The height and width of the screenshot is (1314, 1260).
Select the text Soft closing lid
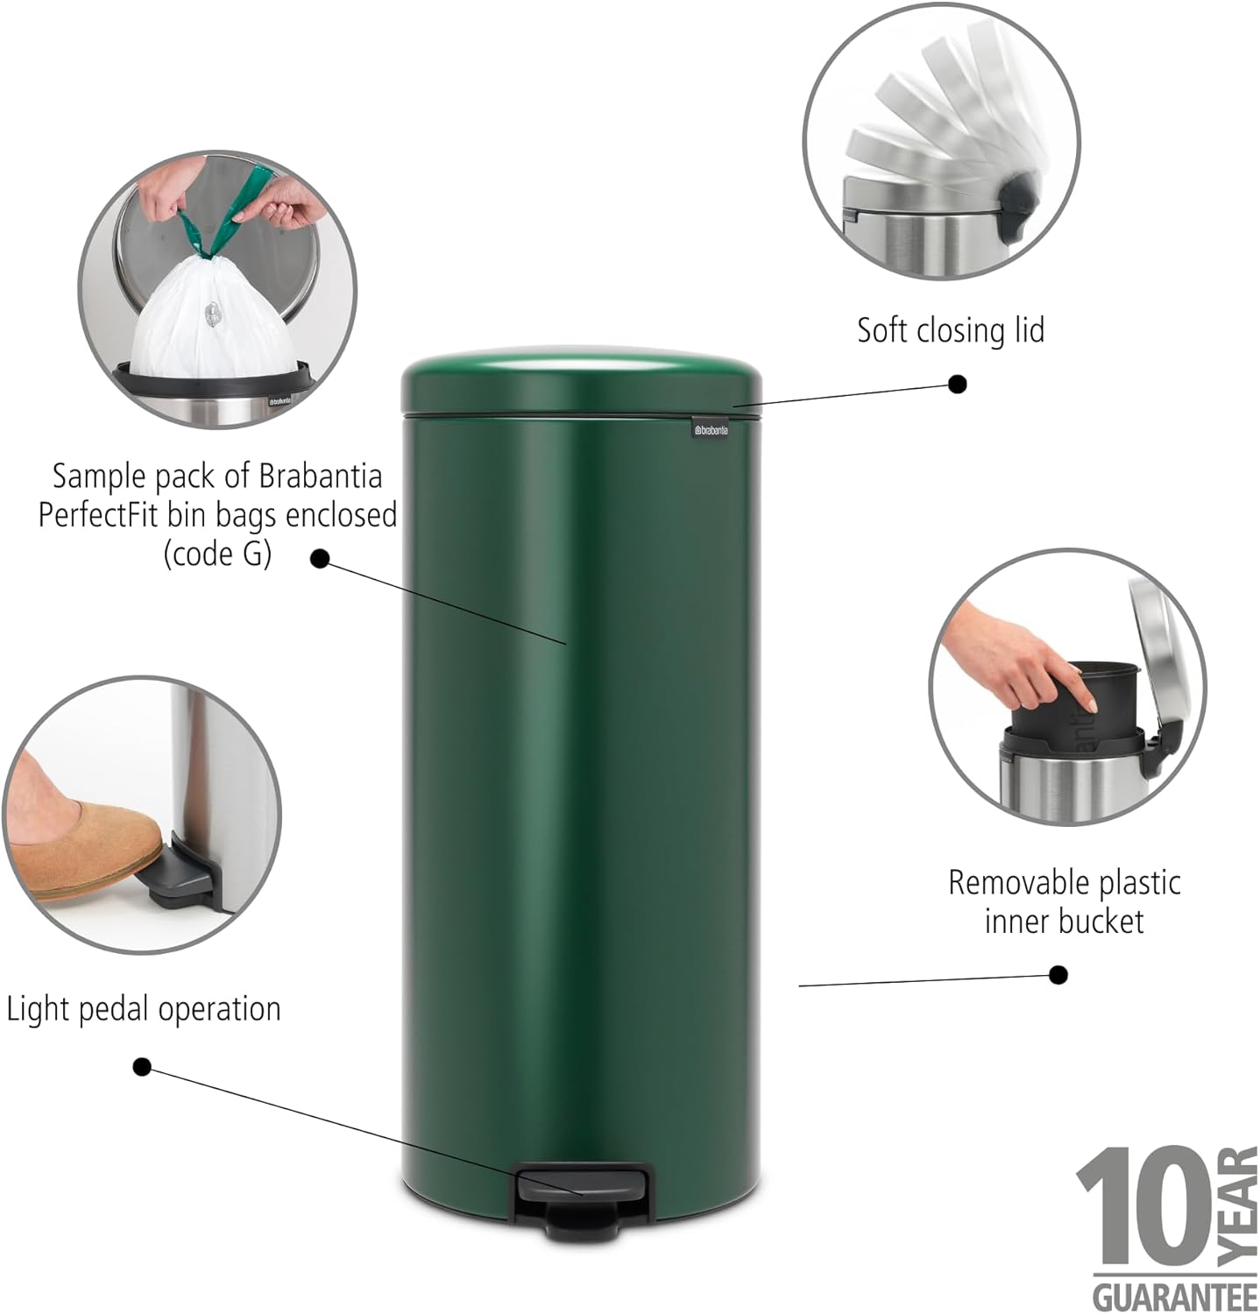pyautogui.click(x=951, y=330)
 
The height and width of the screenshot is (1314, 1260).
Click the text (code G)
pyautogui.click(x=216, y=554)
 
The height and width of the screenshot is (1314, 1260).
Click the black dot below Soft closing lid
pyautogui.click(x=958, y=384)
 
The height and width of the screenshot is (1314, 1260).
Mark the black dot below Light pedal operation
pyautogui.click(x=141, y=1067)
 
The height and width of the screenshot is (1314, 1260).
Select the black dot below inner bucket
pyautogui.click(x=1058, y=974)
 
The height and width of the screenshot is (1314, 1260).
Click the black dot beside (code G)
pyautogui.click(x=320, y=558)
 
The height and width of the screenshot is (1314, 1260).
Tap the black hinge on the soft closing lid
pyautogui.click(x=1016, y=207)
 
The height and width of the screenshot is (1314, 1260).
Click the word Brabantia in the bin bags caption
pyautogui.click(x=319, y=477)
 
